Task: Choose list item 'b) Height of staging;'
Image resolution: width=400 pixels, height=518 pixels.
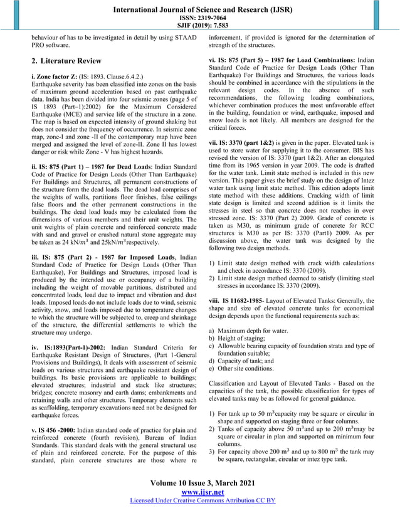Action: click(x=239, y=338)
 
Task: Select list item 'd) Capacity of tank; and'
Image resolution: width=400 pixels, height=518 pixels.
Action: click(x=245, y=361)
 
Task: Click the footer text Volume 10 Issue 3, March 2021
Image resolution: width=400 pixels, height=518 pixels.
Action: click(x=200, y=484)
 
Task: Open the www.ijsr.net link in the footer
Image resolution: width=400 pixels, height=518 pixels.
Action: click(x=200, y=493)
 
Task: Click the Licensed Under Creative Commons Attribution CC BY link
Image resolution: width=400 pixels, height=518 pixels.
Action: click(x=200, y=501)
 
